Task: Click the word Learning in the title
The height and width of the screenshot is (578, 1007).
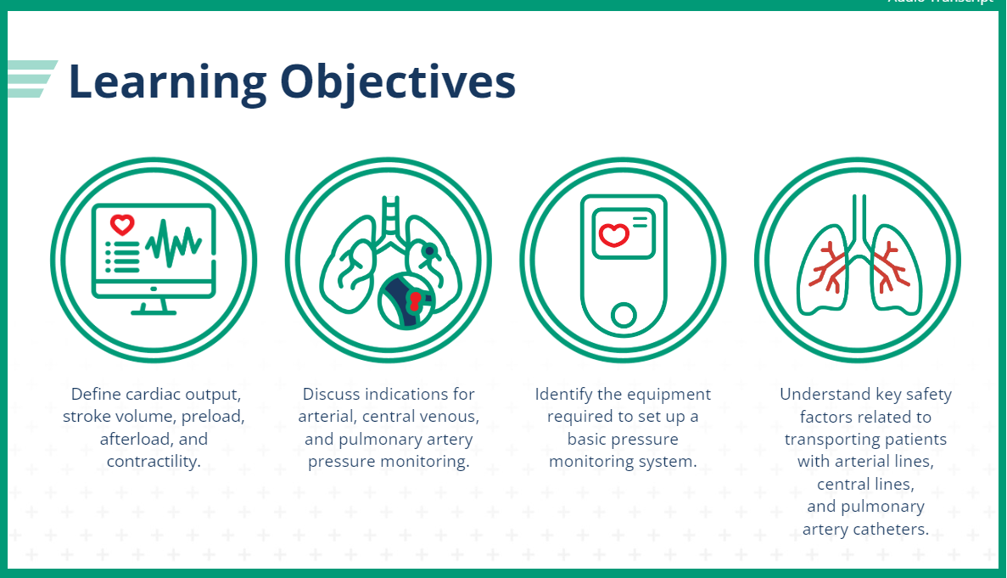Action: coord(166,82)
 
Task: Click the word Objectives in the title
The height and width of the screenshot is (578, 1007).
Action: coord(397,82)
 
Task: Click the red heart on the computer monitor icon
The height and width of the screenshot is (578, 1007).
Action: coord(123,225)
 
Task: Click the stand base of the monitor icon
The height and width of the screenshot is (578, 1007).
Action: coord(154,310)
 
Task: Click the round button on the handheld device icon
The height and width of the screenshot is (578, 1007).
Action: coord(624,315)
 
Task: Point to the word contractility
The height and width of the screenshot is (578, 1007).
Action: coord(154,462)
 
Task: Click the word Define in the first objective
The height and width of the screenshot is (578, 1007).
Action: coord(93,395)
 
